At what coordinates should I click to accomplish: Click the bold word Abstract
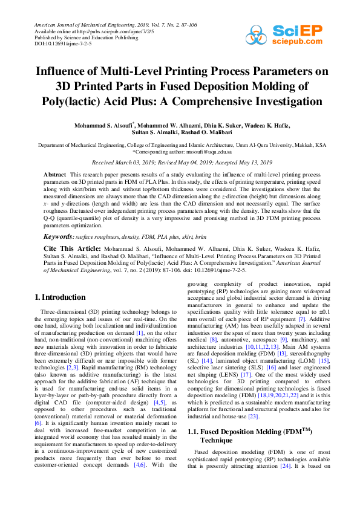pyautogui.click(x=55, y=174)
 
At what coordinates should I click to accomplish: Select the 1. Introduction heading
pyautogui.click(x=59, y=297)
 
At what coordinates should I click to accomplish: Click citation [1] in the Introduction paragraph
pyautogui.click(x=139, y=332)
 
